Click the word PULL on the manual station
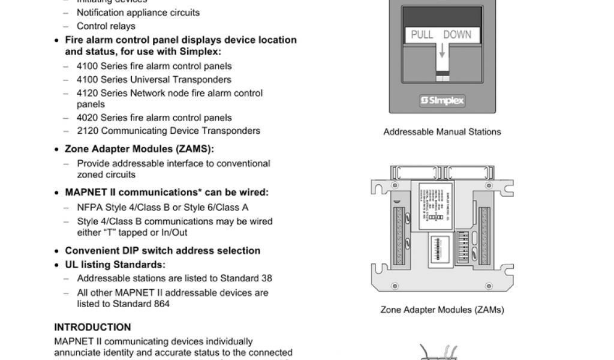coord(422,35)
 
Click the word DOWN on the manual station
coord(458,35)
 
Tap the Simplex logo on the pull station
coord(443,101)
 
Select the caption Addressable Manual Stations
coord(442,132)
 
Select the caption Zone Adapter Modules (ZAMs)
coord(442,310)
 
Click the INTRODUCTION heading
coord(92,328)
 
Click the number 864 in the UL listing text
coord(161,304)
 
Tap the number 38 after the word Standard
coord(266,278)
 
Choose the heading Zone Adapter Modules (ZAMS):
coord(139,149)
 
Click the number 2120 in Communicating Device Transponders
coord(88,131)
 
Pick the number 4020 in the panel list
coord(88,118)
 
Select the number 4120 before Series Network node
coord(88,93)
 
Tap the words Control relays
coord(106,26)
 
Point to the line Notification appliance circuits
coord(138,12)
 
